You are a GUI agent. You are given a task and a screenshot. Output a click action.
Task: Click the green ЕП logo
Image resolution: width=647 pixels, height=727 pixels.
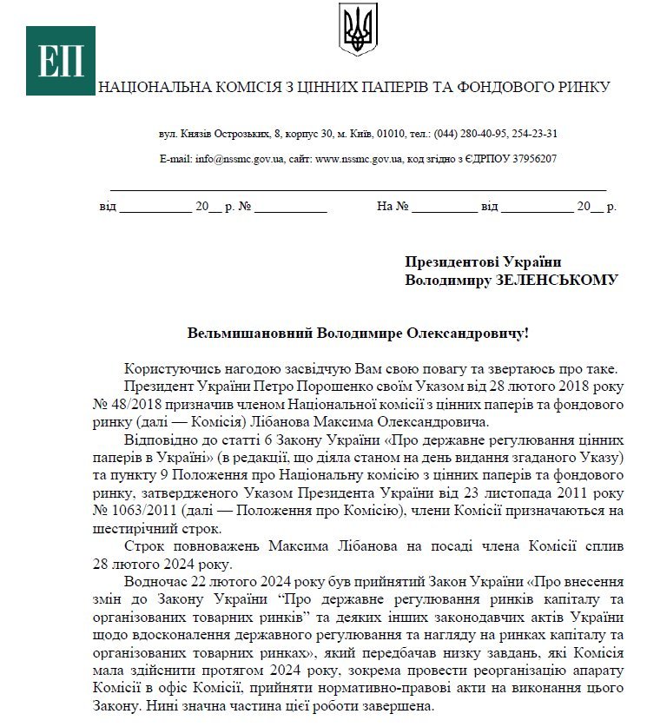[x=60, y=61]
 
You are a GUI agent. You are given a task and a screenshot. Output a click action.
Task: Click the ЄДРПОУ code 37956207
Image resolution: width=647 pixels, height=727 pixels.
[x=531, y=159]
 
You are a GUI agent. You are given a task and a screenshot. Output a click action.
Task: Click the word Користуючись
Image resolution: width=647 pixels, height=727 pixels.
[x=170, y=367]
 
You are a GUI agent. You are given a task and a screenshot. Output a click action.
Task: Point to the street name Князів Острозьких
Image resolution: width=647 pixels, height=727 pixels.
[x=223, y=134]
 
